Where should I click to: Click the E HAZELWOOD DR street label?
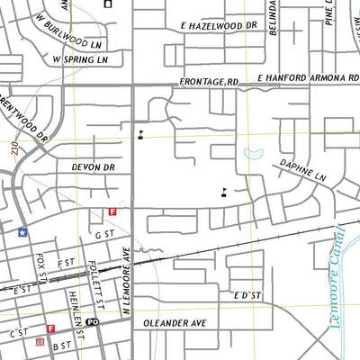pos(219,27)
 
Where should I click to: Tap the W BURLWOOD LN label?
pos(76,42)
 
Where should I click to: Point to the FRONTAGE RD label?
pos(209,81)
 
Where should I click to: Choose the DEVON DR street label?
pos(94,167)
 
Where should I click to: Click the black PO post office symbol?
pos(93,321)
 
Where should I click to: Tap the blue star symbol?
pos(21,231)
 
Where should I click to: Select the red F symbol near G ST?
pos(112,212)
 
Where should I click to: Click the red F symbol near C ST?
pos(50,329)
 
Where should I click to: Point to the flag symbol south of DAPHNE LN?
pos(223,191)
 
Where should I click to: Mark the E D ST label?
pos(247,295)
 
